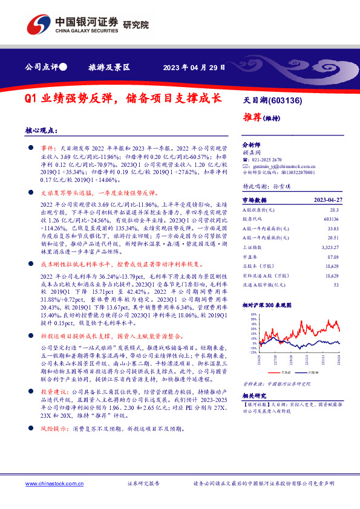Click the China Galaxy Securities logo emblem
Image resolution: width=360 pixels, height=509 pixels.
[38, 25]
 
